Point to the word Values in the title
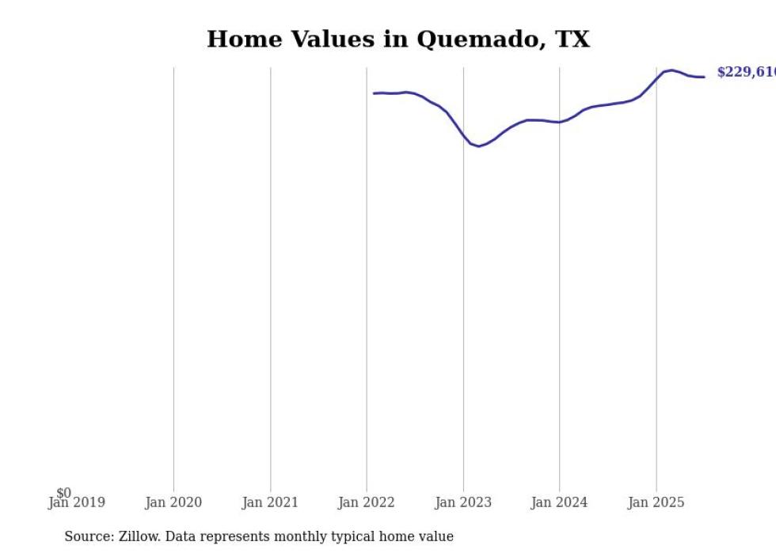pyautogui.click(x=333, y=40)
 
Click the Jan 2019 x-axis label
pyautogui.click(x=77, y=502)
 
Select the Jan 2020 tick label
pyautogui.click(x=173, y=502)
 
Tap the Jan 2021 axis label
pyautogui.click(x=270, y=502)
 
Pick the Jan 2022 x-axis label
pyautogui.click(x=367, y=502)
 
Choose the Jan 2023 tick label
pyautogui.click(x=463, y=502)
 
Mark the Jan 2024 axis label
pyautogui.click(x=559, y=502)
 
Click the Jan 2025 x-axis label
pyautogui.click(x=656, y=502)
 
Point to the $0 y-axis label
pyautogui.click(x=63, y=493)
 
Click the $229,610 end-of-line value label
pyautogui.click(x=745, y=73)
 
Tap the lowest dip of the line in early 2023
pyautogui.click(x=478, y=146)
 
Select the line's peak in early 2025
pyautogui.click(x=671, y=70)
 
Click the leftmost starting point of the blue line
pyautogui.click(x=375, y=93)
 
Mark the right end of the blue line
pyautogui.click(x=704, y=77)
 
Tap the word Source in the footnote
pyautogui.click(x=88, y=536)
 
